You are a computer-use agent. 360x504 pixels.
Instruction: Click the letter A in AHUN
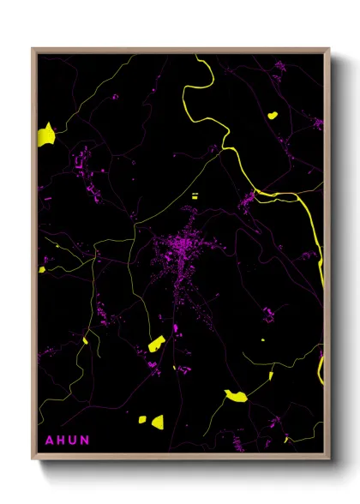coord(49,441)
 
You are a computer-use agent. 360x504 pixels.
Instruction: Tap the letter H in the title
coord(61,441)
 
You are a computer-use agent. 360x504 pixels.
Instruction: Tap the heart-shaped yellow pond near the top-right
coord(273,115)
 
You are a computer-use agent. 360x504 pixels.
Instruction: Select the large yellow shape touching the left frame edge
coord(45,134)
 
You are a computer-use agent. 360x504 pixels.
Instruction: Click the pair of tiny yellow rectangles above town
coord(195,196)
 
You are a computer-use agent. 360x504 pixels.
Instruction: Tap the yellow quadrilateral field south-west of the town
coord(156,345)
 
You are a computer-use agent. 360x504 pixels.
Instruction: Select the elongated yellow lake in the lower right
coord(235,395)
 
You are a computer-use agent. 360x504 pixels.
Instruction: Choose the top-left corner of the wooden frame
coord(33,50)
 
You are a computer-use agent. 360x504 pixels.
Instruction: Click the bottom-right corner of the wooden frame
coord(329,459)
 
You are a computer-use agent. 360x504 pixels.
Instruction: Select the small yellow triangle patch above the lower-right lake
coord(270,375)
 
